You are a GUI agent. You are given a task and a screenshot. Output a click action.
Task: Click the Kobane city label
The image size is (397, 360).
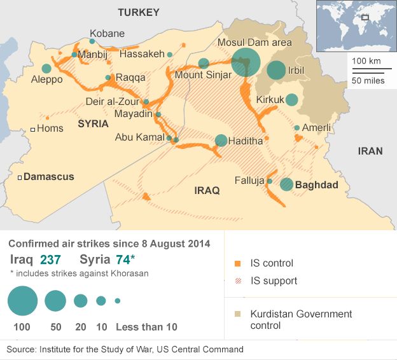(107, 34)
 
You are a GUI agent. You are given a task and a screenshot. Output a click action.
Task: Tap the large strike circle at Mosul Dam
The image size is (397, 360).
(246, 62)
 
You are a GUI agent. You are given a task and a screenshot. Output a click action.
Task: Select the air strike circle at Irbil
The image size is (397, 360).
(276, 70)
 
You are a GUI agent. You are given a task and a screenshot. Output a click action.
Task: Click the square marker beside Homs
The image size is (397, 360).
(32, 129)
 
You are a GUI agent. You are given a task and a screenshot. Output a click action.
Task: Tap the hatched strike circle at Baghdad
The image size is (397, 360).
(287, 184)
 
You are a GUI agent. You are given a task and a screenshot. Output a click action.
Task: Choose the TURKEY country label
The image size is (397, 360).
(139, 12)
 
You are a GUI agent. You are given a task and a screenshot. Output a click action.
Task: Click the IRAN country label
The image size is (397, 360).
(370, 151)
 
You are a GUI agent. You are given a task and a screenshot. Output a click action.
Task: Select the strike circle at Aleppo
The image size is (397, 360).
(46, 69)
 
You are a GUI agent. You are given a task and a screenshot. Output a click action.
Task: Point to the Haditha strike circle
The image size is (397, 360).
(221, 141)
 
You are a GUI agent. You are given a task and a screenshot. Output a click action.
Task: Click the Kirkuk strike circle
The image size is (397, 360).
(291, 99)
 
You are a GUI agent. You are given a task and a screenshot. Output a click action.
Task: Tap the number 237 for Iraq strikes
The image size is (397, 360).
(51, 260)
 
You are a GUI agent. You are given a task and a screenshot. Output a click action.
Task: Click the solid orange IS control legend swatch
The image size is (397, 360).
(237, 263)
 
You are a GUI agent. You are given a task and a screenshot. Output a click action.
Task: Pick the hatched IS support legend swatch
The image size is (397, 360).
(237, 280)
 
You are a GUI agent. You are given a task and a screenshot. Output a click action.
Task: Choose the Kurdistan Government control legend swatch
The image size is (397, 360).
(237, 314)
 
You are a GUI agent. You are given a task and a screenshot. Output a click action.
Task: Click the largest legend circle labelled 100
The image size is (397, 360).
(23, 301)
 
